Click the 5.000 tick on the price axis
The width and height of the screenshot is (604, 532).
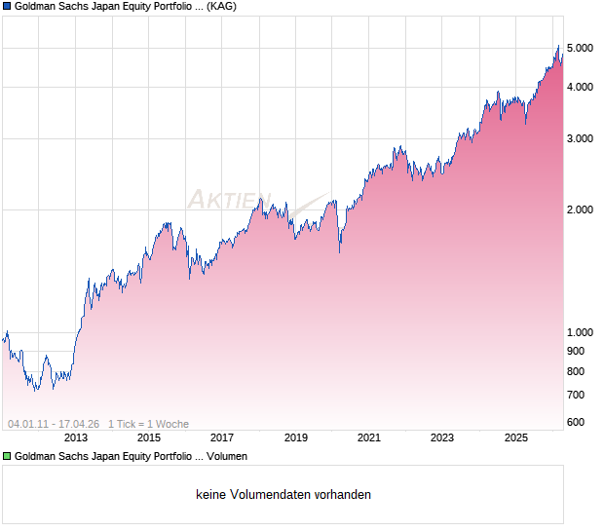coord(580,48)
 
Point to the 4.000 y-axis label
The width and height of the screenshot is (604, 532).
coord(580,88)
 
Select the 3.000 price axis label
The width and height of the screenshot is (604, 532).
coord(580,138)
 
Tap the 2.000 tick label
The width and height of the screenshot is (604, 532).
coord(580,209)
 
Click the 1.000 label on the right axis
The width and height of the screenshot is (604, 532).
coord(580,332)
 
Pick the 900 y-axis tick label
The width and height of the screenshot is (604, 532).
coord(576,351)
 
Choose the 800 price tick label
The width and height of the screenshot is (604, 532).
coord(576,371)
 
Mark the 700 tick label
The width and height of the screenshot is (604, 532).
coord(576,395)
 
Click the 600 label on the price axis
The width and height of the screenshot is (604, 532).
coord(576,422)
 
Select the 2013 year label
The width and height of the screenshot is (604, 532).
coord(75,438)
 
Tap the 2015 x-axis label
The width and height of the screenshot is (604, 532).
coord(148,438)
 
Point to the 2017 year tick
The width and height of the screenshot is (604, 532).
coord(222,438)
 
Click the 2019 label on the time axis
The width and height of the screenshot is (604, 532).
coord(295,438)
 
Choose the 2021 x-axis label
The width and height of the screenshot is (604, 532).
coord(369,438)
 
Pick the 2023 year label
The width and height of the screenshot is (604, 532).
coord(442,438)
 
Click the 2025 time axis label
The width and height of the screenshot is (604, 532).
coord(516,438)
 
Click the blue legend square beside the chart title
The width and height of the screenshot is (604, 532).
coord(7,7)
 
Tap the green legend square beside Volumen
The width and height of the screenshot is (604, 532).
coord(7,456)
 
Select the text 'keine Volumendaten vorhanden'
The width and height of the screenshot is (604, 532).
coord(283,495)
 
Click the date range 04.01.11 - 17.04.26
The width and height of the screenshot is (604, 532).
coord(54,424)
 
